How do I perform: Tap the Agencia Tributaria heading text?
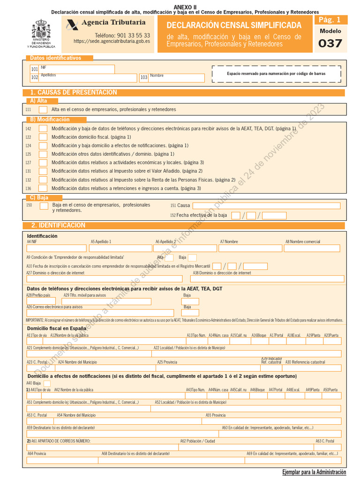click(113, 22)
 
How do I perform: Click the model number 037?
click(330, 44)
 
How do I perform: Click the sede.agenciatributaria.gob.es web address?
click(112, 41)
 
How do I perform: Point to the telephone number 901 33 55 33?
click(122, 35)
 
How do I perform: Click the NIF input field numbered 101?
click(77, 69)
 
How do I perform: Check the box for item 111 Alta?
click(43, 109)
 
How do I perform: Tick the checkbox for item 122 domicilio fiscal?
click(43, 137)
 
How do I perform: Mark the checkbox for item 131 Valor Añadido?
click(43, 171)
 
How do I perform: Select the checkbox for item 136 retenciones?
click(43, 188)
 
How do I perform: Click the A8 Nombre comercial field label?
click(303, 241)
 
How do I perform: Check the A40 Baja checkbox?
click(47, 383)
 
